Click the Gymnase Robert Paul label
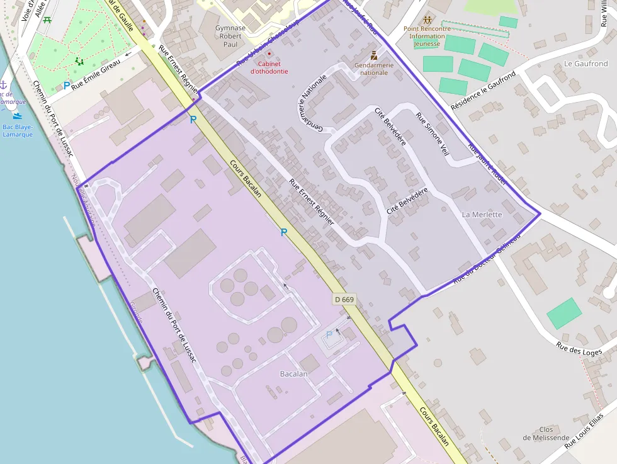click(230, 37)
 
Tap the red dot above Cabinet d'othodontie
click(269, 54)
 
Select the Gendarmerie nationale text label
click(374, 69)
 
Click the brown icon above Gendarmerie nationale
click(374, 55)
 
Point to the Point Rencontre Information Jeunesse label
click(427, 36)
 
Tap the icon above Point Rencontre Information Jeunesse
click(428, 20)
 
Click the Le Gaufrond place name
click(586, 64)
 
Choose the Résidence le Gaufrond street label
click(483, 91)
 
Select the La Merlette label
click(482, 215)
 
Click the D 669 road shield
click(344, 300)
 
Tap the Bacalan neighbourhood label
click(294, 374)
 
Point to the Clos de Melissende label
click(546, 434)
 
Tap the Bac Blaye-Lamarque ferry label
click(18, 130)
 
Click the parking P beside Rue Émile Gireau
click(67, 86)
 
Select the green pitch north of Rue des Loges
click(564, 313)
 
